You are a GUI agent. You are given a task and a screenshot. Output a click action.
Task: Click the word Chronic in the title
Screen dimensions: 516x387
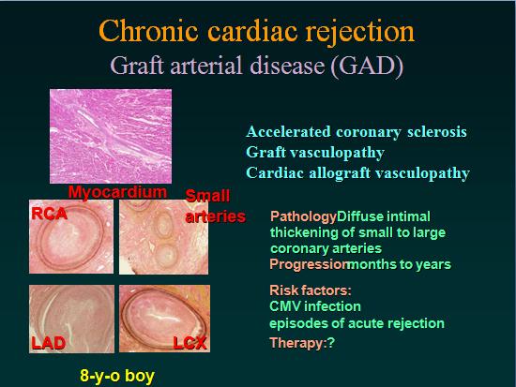148,31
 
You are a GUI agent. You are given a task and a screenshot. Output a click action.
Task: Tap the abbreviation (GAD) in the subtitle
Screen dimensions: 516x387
367,67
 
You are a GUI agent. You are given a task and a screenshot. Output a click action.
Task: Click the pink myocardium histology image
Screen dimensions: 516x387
111,136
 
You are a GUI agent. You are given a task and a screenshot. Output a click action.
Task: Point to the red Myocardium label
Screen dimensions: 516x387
117,192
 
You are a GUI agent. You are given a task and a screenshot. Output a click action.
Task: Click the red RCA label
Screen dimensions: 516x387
50,214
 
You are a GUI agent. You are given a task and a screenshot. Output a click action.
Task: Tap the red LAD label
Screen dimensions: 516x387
49,343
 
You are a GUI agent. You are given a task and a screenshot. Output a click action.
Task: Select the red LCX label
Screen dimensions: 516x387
190,343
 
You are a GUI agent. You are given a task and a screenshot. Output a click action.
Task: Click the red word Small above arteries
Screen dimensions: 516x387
207,196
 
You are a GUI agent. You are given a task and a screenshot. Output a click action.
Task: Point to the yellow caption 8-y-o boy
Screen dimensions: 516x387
117,376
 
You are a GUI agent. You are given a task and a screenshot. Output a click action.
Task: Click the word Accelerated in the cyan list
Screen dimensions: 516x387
288,131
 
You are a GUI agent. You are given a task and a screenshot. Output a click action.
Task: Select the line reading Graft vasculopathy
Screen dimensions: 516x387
315,153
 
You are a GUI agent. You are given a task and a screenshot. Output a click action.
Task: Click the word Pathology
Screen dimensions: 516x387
303,217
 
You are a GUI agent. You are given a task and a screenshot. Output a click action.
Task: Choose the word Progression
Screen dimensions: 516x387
310,264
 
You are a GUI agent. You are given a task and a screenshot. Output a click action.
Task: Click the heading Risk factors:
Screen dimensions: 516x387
311,290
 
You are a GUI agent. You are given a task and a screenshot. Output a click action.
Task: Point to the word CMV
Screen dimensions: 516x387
285,306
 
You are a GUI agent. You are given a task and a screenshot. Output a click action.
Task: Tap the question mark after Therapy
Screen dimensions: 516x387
331,343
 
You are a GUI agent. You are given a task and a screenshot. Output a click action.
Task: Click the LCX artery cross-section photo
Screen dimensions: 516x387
164,319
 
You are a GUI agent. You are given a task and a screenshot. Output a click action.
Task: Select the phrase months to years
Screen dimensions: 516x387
400,264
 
